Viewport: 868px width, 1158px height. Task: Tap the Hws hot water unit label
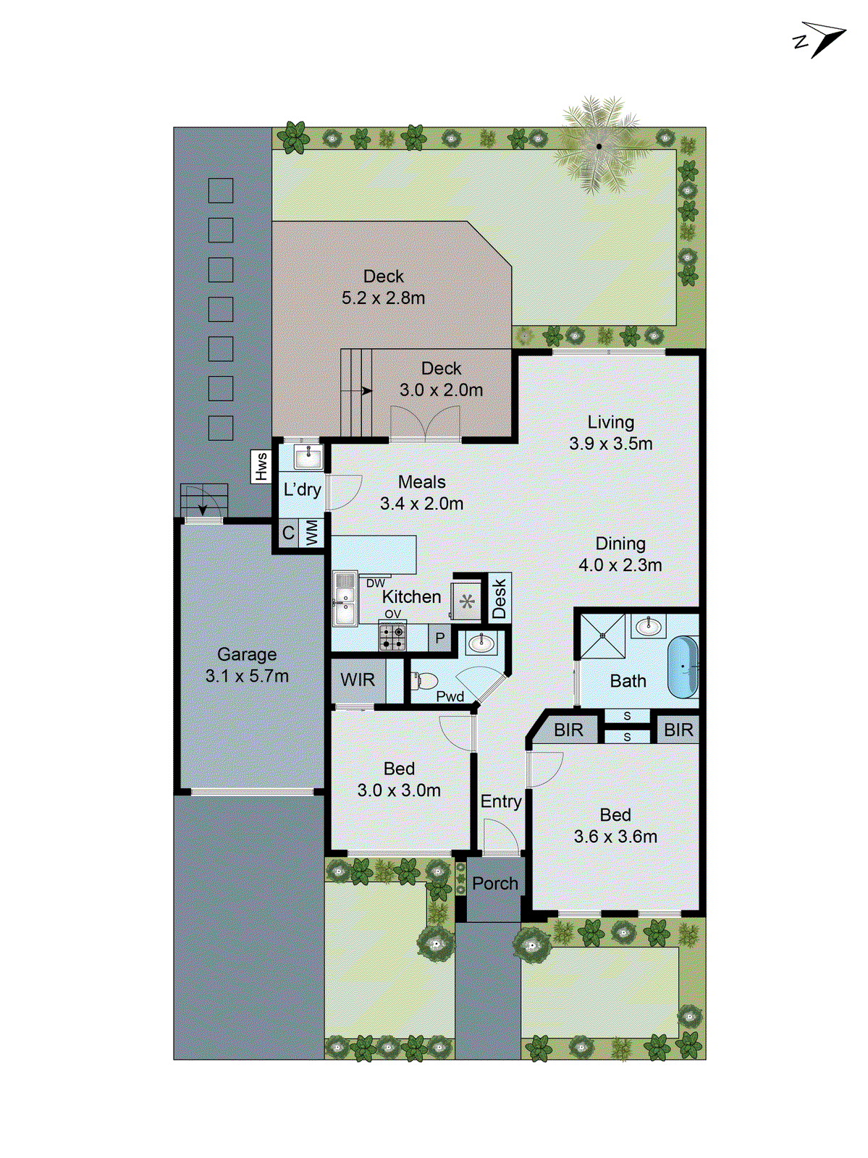pyautogui.click(x=261, y=466)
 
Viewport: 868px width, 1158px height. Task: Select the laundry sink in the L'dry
pyautogui.click(x=308, y=457)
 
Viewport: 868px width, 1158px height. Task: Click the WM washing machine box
pyautogui.click(x=312, y=533)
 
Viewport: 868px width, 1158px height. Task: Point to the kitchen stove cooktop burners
pyautogui.click(x=392, y=636)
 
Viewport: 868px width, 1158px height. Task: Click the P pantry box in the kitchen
pyautogui.click(x=439, y=638)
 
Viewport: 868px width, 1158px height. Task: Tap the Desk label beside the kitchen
pyautogui.click(x=500, y=598)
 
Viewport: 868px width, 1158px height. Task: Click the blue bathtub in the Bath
pyautogui.click(x=683, y=667)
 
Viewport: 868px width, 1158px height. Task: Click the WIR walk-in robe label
pyautogui.click(x=358, y=680)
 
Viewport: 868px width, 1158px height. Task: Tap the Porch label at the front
pyautogui.click(x=495, y=884)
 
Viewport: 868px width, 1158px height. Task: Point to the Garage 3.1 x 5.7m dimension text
pyautogui.click(x=247, y=676)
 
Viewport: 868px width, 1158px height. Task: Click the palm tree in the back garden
pyautogui.click(x=599, y=146)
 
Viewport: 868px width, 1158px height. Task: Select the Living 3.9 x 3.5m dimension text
pyautogui.click(x=611, y=444)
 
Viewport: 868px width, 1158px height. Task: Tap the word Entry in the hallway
pyautogui.click(x=501, y=801)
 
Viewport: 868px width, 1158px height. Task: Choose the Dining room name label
pyautogui.click(x=620, y=544)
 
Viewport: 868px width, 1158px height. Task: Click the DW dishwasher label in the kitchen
pyautogui.click(x=376, y=583)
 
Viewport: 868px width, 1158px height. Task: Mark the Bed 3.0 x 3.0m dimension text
pyautogui.click(x=399, y=790)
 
